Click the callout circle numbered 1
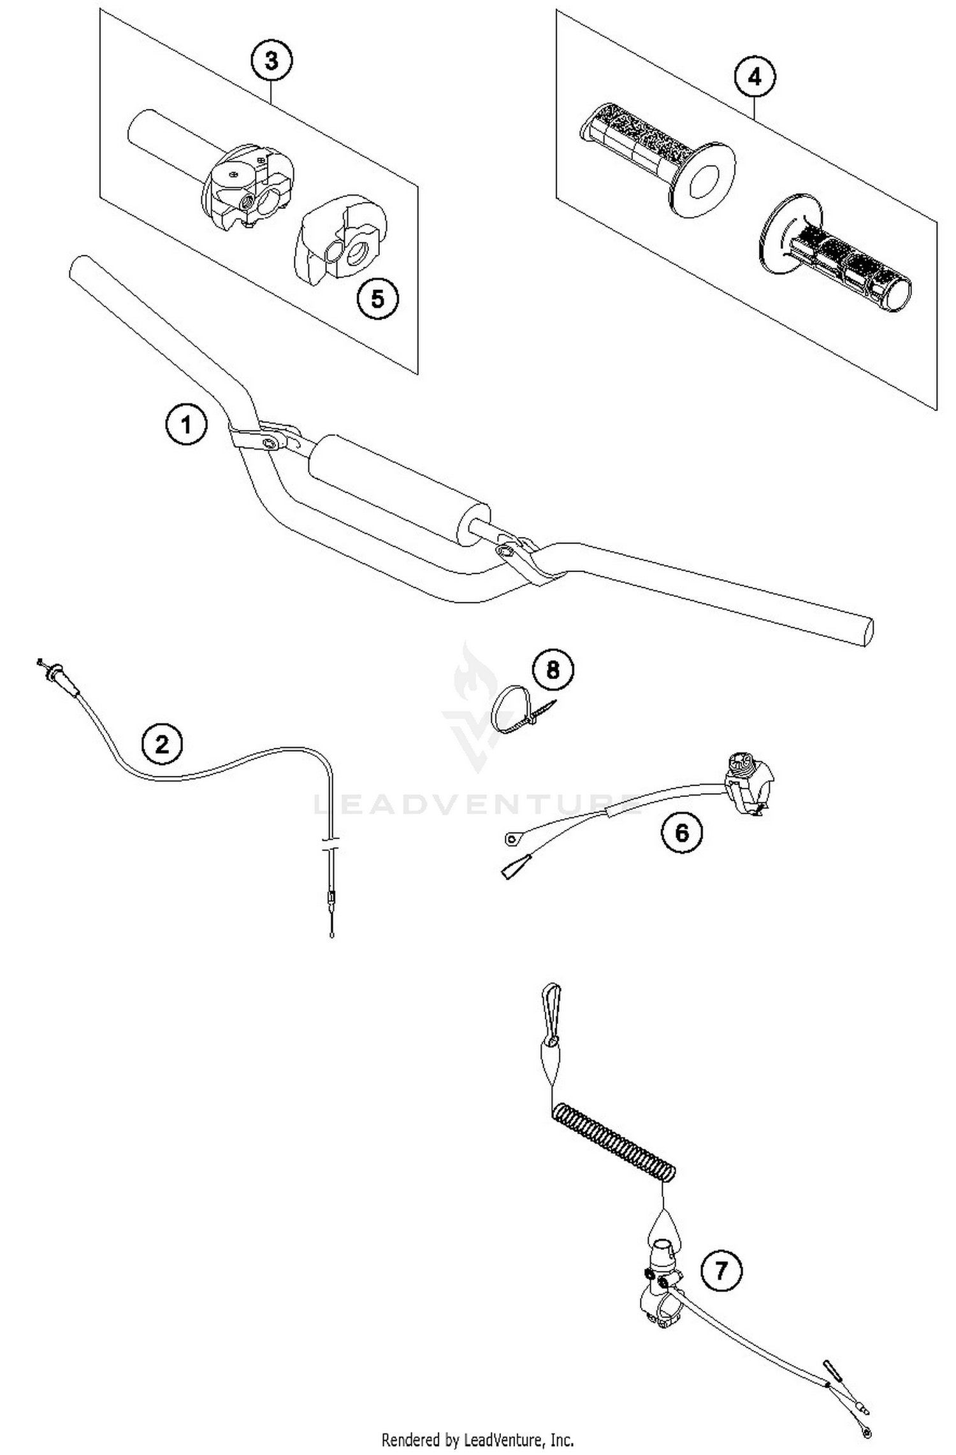[186, 424]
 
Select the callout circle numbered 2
[162, 743]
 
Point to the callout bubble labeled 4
[754, 77]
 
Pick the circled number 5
[377, 298]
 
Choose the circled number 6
[681, 832]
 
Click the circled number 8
[553, 670]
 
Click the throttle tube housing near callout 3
[245, 185]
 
